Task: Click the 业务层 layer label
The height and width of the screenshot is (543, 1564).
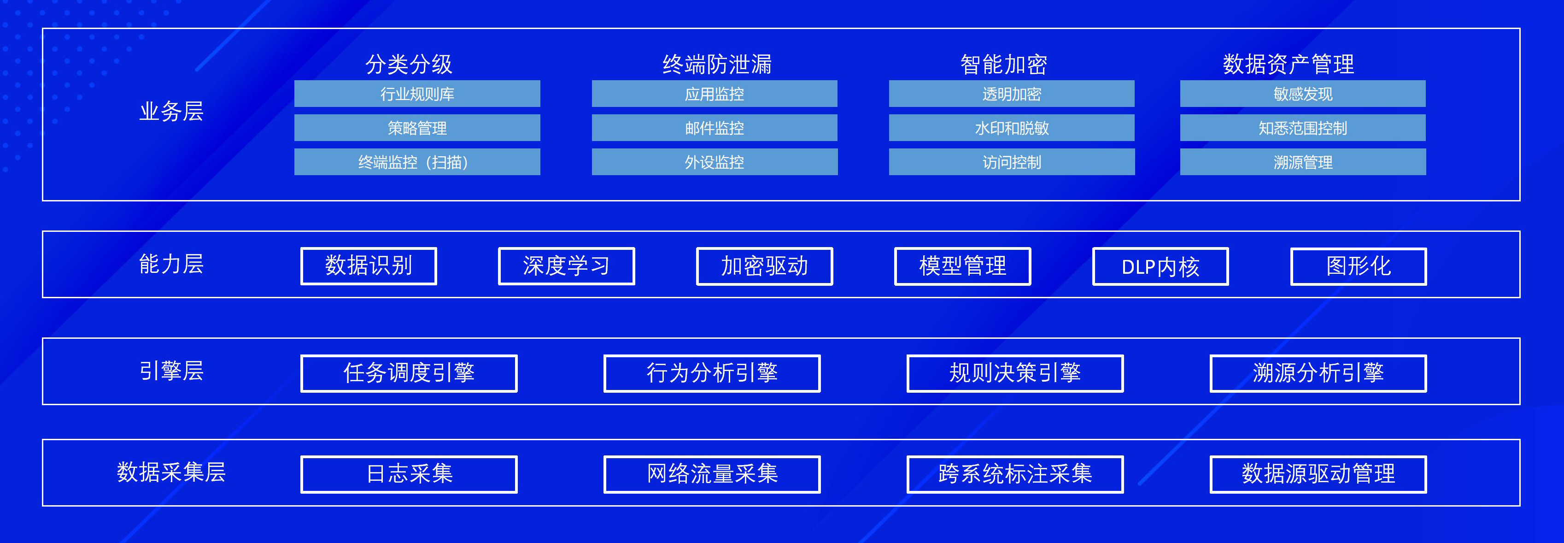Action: point(171,111)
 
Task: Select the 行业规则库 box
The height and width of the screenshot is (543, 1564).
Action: point(417,94)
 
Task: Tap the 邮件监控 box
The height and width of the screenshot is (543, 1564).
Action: point(715,128)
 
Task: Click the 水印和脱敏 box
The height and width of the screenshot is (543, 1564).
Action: point(1012,128)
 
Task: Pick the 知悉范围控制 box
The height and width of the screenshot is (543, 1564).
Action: point(1303,128)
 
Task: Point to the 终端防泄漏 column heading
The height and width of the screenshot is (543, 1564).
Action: point(717,64)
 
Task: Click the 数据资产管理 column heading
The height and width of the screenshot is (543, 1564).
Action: point(1289,64)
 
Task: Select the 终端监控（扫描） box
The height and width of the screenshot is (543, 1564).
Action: point(417,162)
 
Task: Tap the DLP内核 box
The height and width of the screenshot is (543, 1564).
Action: point(1160,266)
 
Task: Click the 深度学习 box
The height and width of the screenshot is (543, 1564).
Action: point(567,266)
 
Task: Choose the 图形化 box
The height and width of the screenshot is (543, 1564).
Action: point(1358,266)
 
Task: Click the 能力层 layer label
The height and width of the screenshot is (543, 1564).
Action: point(171,264)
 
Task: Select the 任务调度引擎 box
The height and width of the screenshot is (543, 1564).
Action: point(409,373)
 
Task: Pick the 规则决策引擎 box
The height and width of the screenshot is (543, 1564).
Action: point(1015,373)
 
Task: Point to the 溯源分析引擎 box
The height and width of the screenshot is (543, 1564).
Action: point(1318,373)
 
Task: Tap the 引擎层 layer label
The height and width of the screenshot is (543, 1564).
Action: point(171,371)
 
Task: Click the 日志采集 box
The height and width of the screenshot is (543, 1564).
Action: point(409,474)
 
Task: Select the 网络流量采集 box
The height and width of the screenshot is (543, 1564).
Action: point(712,474)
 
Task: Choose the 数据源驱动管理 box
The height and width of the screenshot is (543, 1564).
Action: point(1318,474)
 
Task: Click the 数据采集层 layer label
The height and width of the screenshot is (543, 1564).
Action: point(171,472)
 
